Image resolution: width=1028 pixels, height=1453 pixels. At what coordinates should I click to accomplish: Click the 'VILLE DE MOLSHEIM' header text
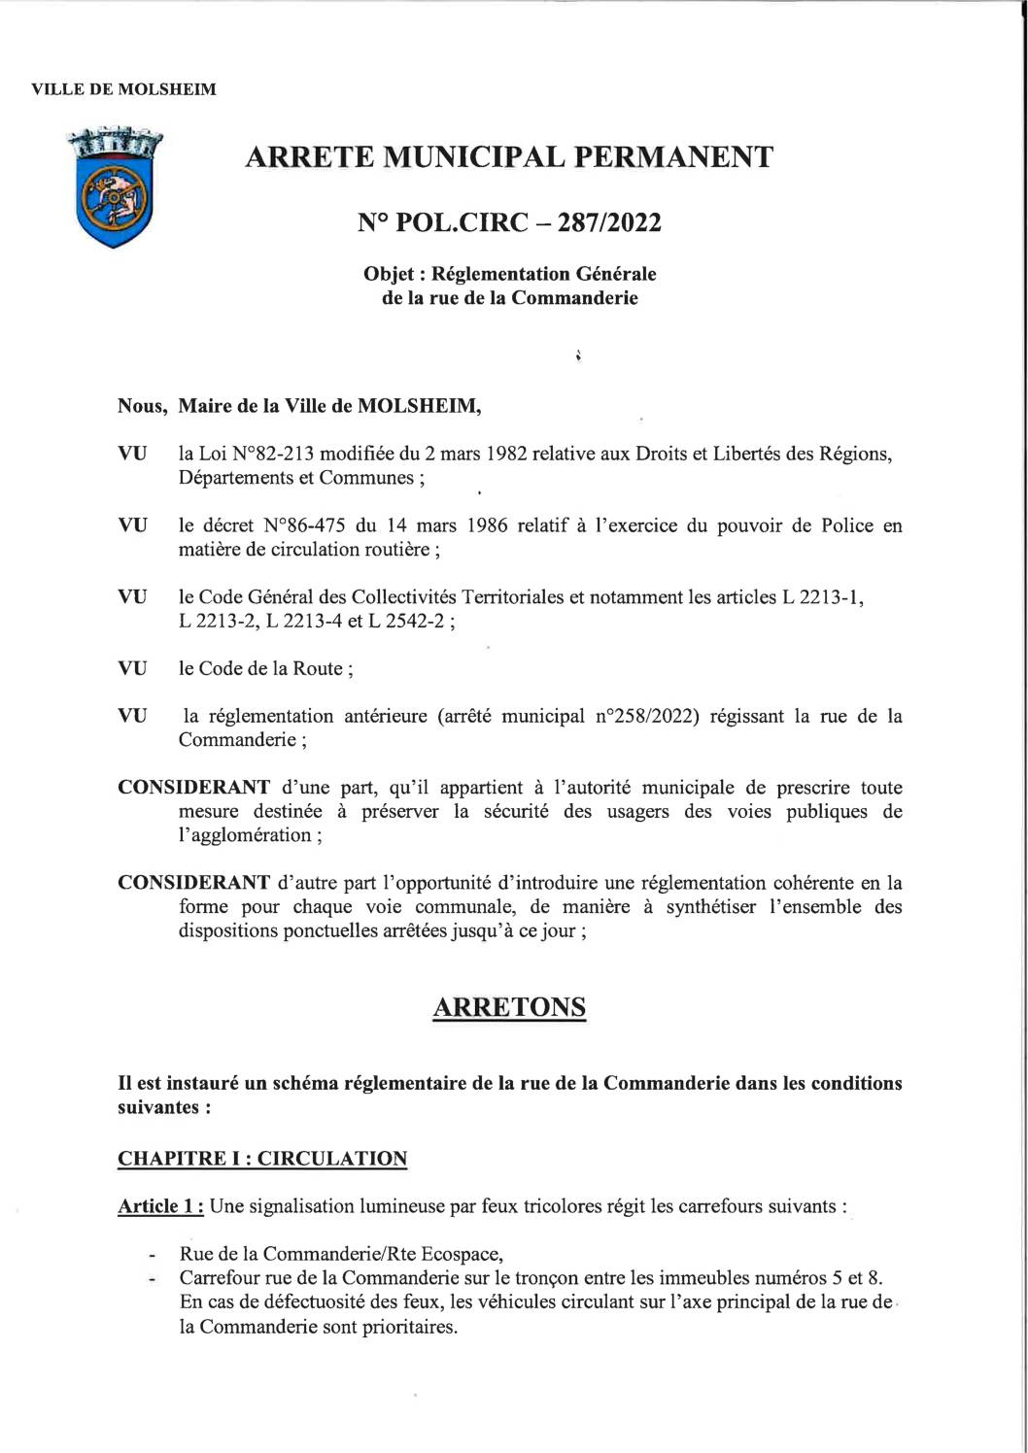tap(123, 90)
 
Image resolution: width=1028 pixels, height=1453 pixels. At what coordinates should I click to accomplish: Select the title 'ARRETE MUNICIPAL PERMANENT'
tap(508, 156)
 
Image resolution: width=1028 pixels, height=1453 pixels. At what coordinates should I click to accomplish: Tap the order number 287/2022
tap(614, 223)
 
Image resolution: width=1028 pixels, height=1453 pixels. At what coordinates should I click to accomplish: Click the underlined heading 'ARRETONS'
tap(508, 1007)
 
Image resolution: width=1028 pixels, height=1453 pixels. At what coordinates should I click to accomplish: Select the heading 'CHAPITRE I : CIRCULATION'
tap(262, 1159)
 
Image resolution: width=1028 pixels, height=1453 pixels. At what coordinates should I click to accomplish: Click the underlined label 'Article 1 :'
tap(160, 1206)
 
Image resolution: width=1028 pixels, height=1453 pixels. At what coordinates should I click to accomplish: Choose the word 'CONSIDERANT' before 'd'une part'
tap(193, 788)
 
